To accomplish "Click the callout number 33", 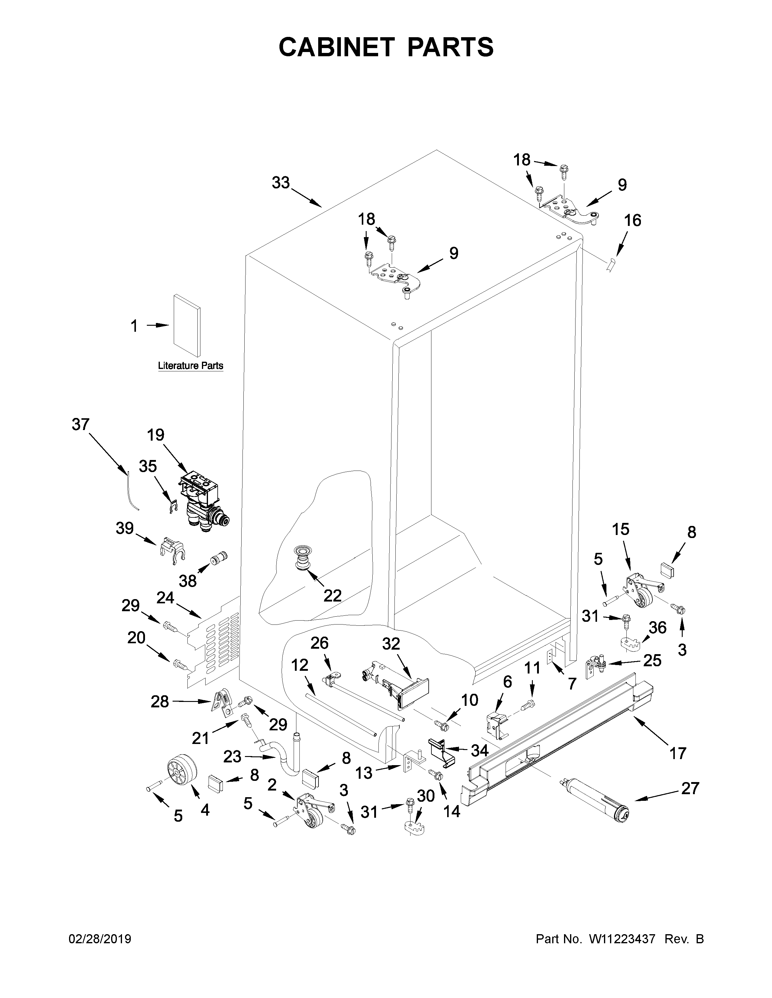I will (281, 183).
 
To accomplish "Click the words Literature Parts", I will (190, 366).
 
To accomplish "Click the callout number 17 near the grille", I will (677, 753).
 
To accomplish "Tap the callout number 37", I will (81, 425).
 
